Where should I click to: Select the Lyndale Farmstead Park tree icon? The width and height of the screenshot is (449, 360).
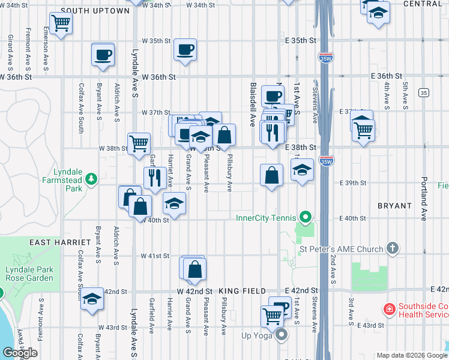pos(91,178)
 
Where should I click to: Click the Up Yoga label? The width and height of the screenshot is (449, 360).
pos(258,335)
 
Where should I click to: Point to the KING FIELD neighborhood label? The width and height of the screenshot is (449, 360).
pos(242,291)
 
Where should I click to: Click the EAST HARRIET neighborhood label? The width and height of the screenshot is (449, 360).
pos(59,242)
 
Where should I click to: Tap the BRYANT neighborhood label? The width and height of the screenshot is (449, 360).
pos(394,206)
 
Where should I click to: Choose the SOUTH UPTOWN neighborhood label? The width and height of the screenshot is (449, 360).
pos(95,11)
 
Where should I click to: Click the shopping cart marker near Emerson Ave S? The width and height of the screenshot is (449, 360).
pos(61,23)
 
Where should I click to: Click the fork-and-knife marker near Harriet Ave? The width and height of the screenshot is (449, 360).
pos(155,177)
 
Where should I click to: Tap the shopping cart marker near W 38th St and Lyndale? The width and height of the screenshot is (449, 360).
pos(139,143)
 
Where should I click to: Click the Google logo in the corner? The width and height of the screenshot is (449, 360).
pos(20,353)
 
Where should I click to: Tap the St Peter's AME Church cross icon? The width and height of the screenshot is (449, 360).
pos(393,248)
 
